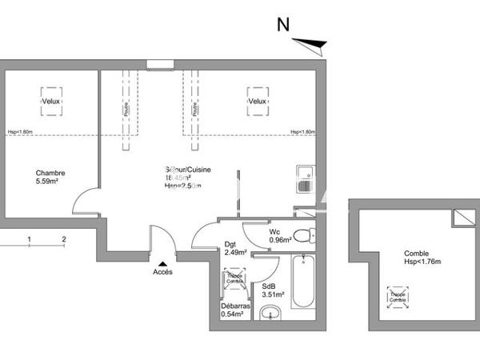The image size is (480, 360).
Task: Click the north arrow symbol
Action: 311,44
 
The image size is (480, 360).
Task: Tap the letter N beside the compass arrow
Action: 282,25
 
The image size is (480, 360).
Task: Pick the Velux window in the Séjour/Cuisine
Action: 256,101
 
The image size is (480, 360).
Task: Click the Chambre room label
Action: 50,173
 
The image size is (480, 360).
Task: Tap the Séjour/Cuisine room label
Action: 182,170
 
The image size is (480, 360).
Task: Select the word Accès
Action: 162,272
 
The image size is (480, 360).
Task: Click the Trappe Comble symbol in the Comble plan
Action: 398,296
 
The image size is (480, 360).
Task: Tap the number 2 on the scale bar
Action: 63,238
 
